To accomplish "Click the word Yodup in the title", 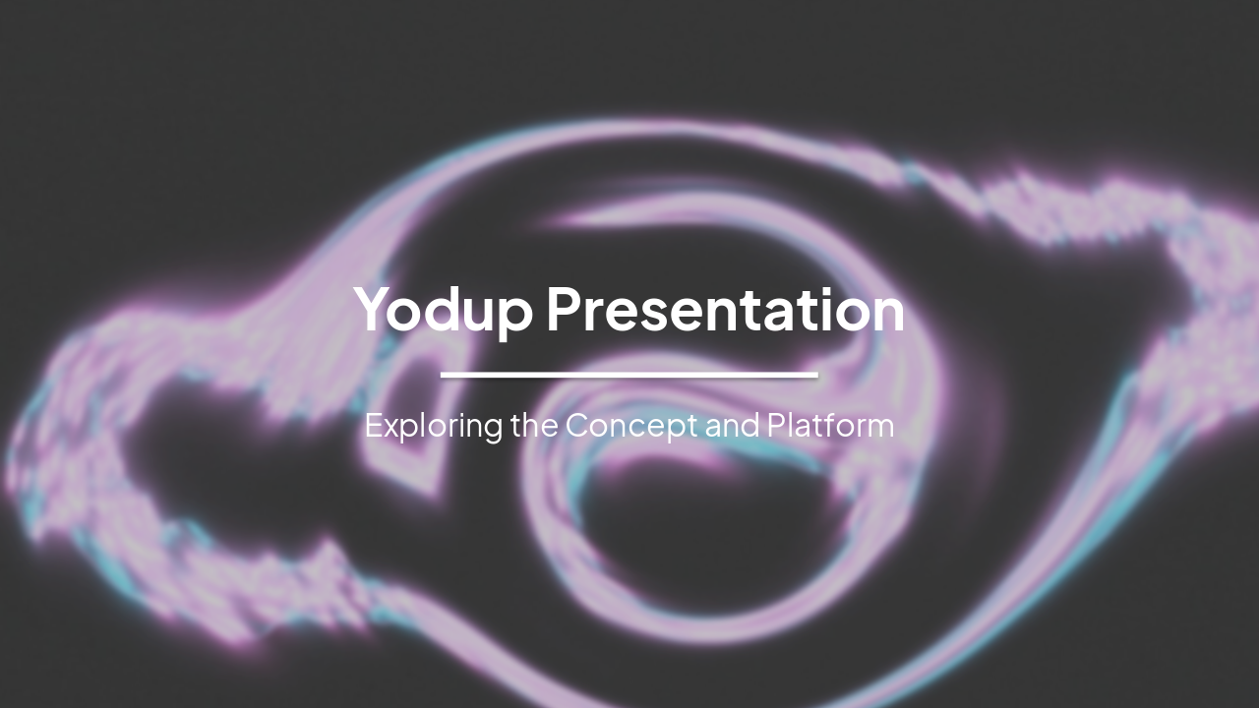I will point(444,310).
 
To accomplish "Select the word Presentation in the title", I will point(725,310).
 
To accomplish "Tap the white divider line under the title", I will point(629,375).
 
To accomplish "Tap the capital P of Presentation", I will point(566,309).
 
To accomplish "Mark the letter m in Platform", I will point(879,428).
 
